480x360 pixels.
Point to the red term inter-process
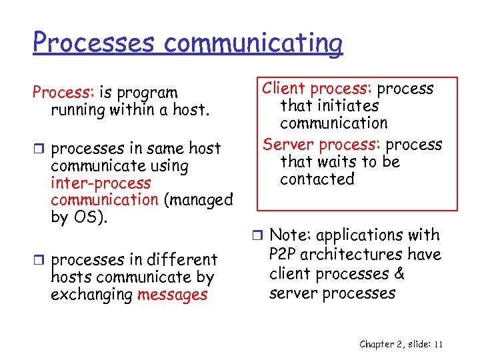click(101, 183)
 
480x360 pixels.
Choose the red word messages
click(172, 295)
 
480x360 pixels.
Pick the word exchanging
click(91, 295)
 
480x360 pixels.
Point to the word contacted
click(317, 179)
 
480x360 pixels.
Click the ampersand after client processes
click(399, 274)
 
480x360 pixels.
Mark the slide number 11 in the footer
click(438, 344)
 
